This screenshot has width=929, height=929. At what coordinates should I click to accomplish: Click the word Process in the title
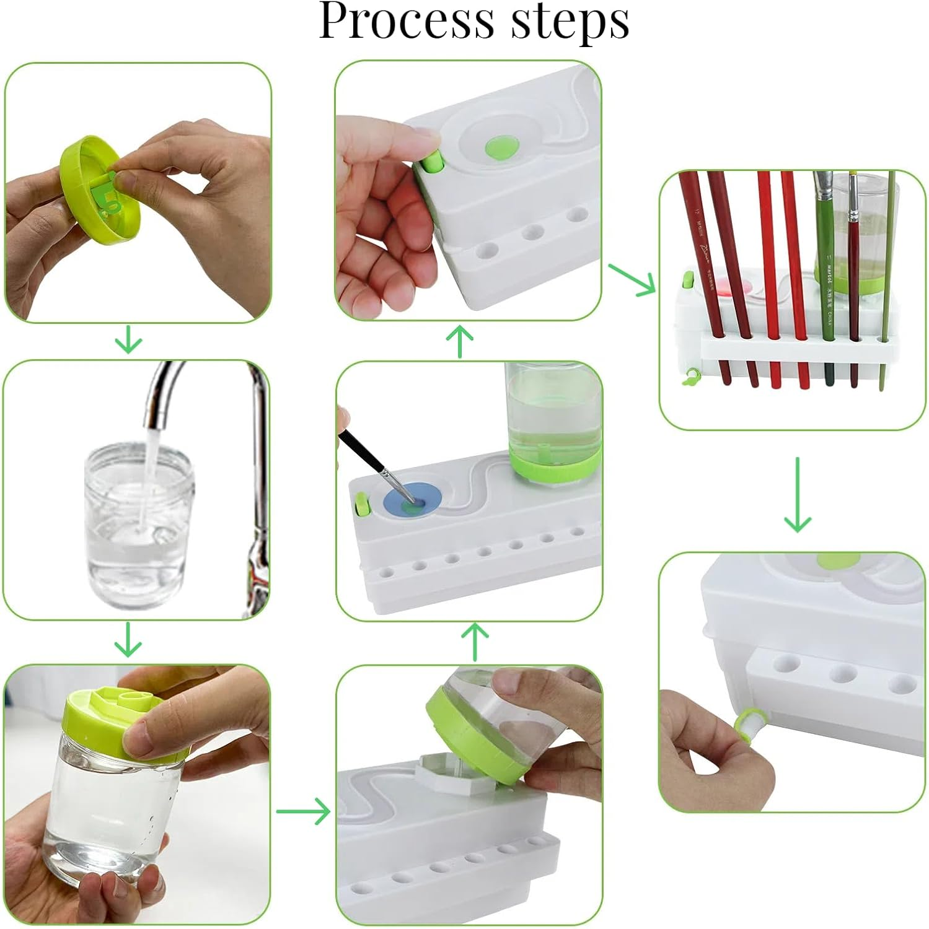click(407, 22)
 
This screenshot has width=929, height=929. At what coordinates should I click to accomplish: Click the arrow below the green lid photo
click(129, 341)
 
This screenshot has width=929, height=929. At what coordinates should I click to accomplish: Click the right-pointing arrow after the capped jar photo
click(304, 811)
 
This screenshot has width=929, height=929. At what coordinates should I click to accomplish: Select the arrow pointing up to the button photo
click(460, 341)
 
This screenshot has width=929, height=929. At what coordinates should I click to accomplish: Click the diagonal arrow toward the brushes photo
click(632, 279)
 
